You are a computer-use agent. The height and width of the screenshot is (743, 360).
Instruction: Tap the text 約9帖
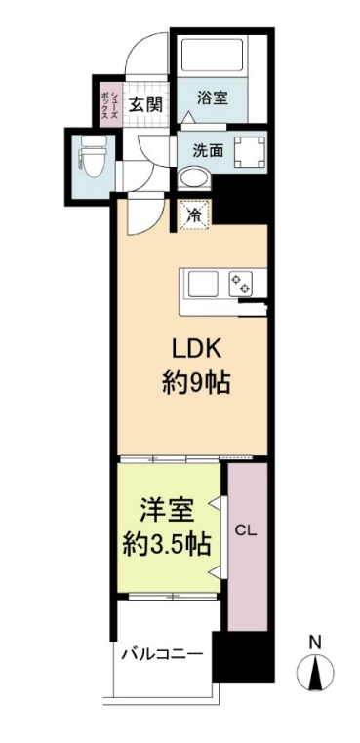194,383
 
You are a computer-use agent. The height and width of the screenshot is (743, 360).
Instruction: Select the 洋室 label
166,511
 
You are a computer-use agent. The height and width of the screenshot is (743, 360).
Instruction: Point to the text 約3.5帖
166,544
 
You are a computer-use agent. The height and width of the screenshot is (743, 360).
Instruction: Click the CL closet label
247,531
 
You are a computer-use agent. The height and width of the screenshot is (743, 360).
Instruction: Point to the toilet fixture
90,154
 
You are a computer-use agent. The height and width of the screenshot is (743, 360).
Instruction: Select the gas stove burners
240,284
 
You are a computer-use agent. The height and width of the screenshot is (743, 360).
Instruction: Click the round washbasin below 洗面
196,179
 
